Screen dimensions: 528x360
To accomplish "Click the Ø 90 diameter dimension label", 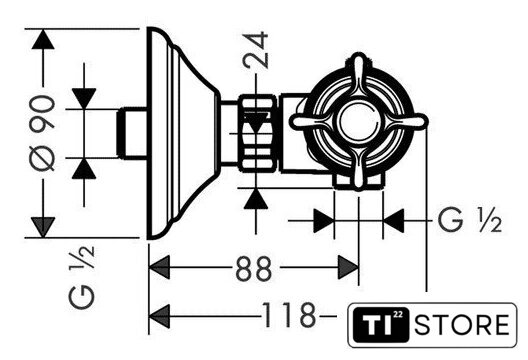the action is pos(42,133).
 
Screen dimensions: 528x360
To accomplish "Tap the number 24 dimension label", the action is pos(256,50).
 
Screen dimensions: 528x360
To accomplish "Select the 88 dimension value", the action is pos(253,268).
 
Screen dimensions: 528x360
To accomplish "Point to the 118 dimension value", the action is pos(289,315).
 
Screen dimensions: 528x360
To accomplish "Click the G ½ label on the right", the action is pos(470,220).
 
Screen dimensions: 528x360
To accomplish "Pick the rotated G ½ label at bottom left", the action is pos(82,277).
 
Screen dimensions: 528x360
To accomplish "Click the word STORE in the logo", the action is pos(462,325).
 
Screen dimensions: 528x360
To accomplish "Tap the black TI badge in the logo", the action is pos(381,325).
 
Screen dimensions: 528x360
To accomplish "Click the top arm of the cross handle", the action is pos(359,76).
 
